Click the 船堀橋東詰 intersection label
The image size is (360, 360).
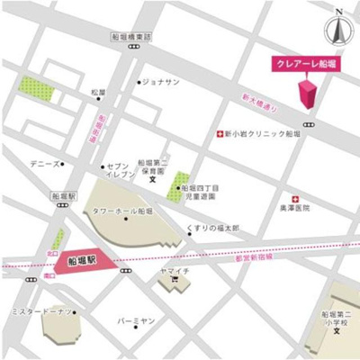[130, 37]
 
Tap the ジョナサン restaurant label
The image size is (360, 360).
[161, 82]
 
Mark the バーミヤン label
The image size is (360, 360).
[136, 320]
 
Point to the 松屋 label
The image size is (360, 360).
[98, 93]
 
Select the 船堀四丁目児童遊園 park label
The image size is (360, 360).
[202, 188]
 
